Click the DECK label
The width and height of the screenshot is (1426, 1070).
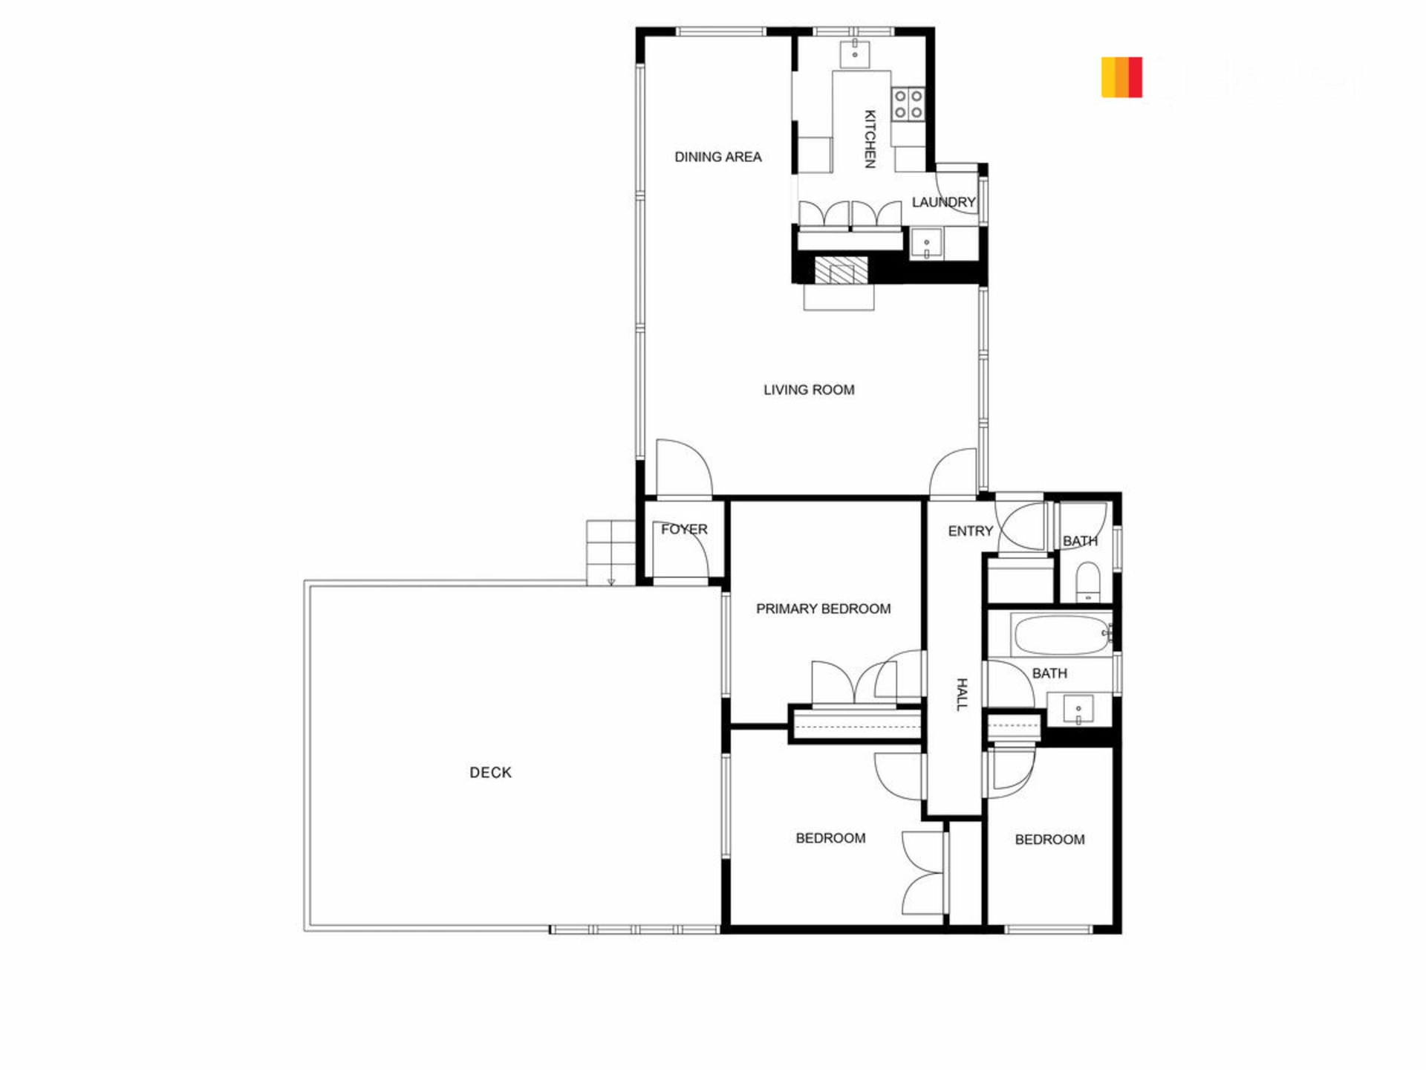[x=490, y=773]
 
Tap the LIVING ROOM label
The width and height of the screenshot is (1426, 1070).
[x=809, y=390]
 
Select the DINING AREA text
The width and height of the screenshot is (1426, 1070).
[x=717, y=157]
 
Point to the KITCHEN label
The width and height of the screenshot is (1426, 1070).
[x=870, y=139]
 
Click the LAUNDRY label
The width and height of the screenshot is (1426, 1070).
[x=943, y=202]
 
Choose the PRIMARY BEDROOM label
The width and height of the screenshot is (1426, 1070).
[x=823, y=609]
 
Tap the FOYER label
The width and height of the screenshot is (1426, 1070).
[x=684, y=529]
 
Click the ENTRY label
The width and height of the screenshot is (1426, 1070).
[x=970, y=531]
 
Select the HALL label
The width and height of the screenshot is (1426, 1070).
[x=962, y=695]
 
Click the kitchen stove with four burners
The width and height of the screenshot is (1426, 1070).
[x=908, y=104]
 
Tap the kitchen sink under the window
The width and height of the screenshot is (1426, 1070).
[x=855, y=53]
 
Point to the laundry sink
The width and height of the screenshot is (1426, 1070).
[x=926, y=244]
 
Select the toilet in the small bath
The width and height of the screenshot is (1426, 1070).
[x=1088, y=581]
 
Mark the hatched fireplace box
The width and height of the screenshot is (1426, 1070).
[x=841, y=270]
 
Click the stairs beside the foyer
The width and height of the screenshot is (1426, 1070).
[x=611, y=553]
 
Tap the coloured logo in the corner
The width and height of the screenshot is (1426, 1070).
[x=1121, y=77]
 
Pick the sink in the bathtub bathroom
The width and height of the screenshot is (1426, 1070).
[x=1078, y=710]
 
